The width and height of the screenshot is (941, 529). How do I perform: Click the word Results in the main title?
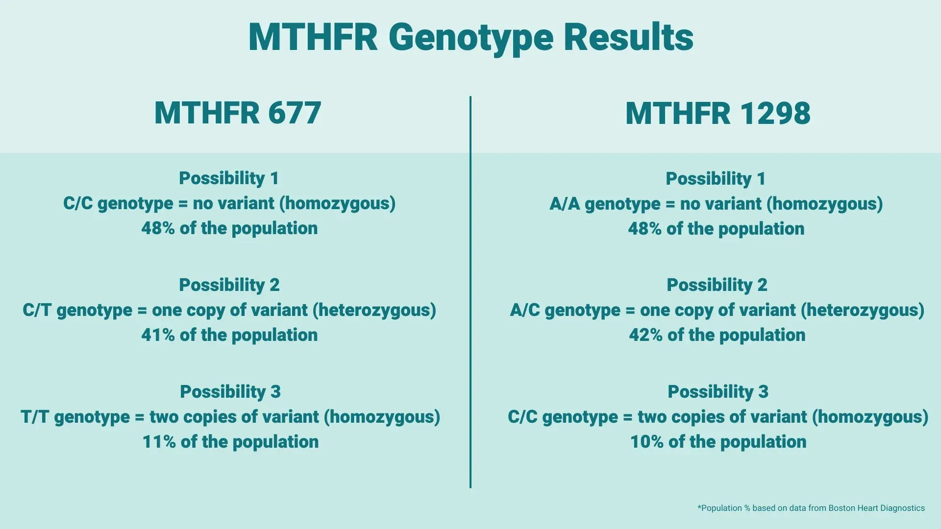pyautogui.click(x=629, y=37)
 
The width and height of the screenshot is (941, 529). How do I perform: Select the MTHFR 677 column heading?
pyautogui.click(x=238, y=113)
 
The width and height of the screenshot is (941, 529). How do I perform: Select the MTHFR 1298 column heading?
pyautogui.click(x=718, y=113)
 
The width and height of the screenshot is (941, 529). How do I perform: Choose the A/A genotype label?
pyautogui.click(x=565, y=204)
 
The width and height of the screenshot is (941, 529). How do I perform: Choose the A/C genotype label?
pyautogui.click(x=525, y=310)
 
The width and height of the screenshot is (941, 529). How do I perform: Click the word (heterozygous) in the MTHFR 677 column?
pyautogui.click(x=374, y=311)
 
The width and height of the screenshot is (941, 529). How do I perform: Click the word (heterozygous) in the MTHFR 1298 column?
pyautogui.click(x=862, y=311)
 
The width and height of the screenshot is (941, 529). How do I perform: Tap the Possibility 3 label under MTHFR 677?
pyautogui.click(x=230, y=392)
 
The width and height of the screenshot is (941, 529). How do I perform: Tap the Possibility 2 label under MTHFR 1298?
pyautogui.click(x=717, y=285)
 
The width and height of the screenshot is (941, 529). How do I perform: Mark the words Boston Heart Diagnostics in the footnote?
pyautogui.click(x=876, y=508)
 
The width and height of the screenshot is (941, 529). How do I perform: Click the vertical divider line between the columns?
pyautogui.click(x=470, y=292)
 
